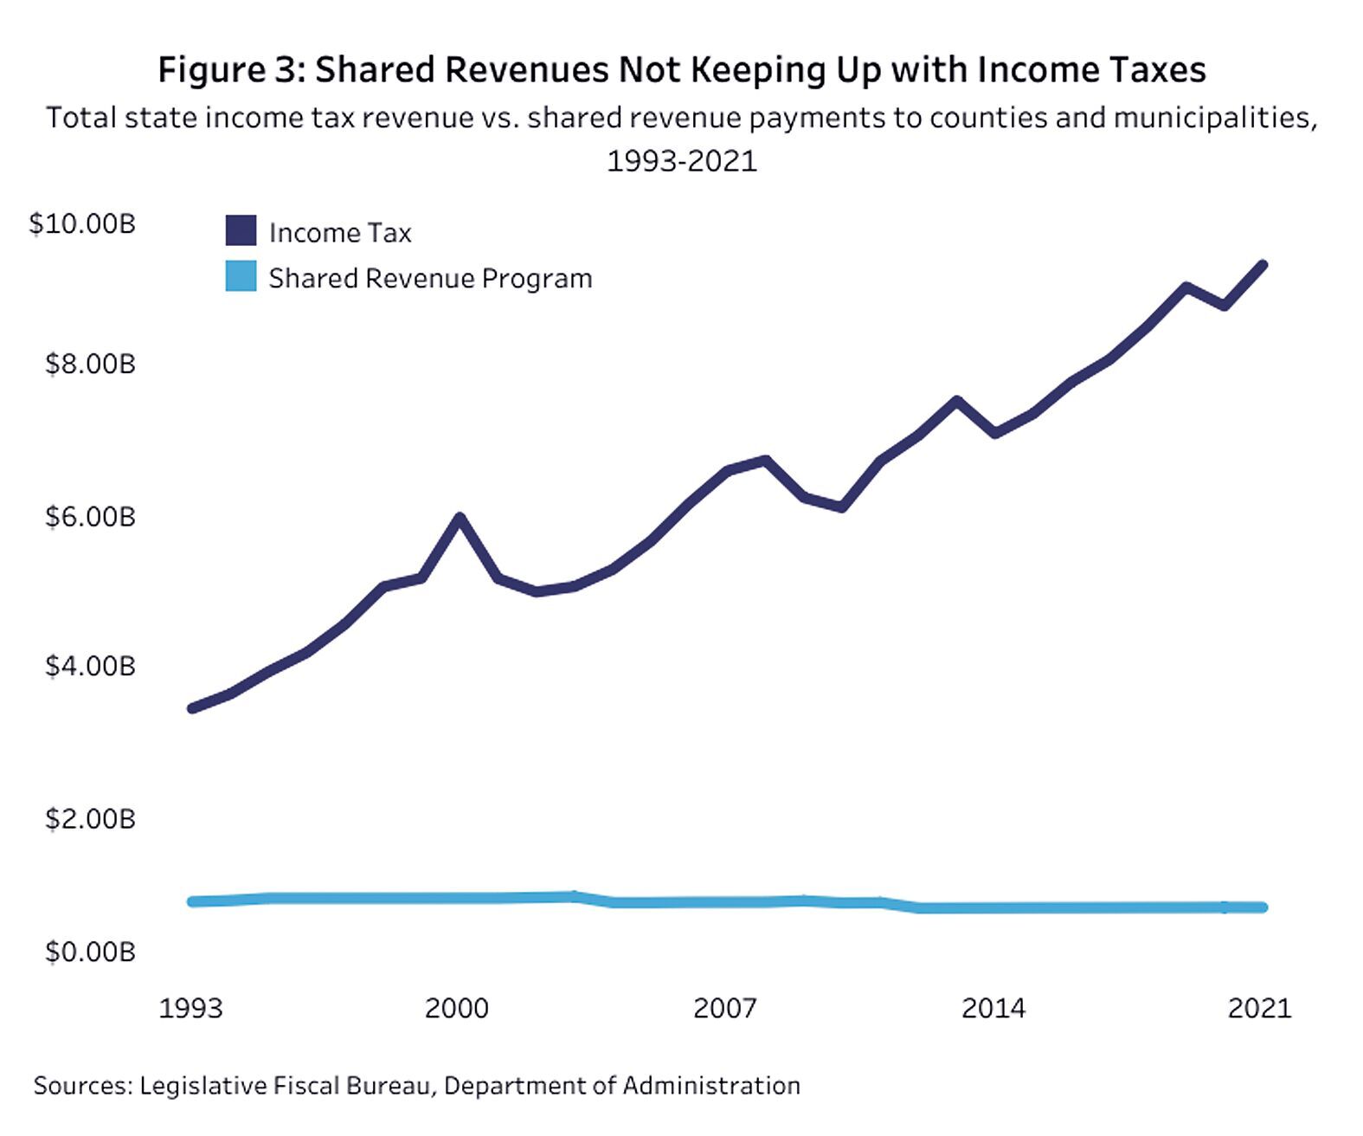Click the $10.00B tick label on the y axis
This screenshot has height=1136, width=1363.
click(x=82, y=223)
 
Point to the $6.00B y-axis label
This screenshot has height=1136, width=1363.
click(x=90, y=517)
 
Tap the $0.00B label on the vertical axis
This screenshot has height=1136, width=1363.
click(x=90, y=952)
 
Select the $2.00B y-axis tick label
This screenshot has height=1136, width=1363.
click(x=90, y=818)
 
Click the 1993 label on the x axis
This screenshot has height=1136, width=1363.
click(x=191, y=1008)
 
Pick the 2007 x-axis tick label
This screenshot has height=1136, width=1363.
click(x=724, y=1008)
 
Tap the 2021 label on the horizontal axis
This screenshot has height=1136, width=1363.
click(x=1259, y=1008)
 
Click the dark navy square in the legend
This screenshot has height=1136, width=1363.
click(x=241, y=230)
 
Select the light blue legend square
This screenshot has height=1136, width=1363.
click(x=241, y=276)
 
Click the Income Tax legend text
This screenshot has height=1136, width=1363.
click(x=340, y=233)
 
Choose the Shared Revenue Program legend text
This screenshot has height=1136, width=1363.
click(x=430, y=279)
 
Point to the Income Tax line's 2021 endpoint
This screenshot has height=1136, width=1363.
click(x=1263, y=265)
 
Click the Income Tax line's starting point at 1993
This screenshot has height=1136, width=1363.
click(x=192, y=708)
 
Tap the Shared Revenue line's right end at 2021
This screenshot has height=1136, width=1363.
click(x=1263, y=907)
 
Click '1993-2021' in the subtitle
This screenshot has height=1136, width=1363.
click(x=681, y=161)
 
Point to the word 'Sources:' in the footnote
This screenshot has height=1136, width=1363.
click(x=82, y=1085)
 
